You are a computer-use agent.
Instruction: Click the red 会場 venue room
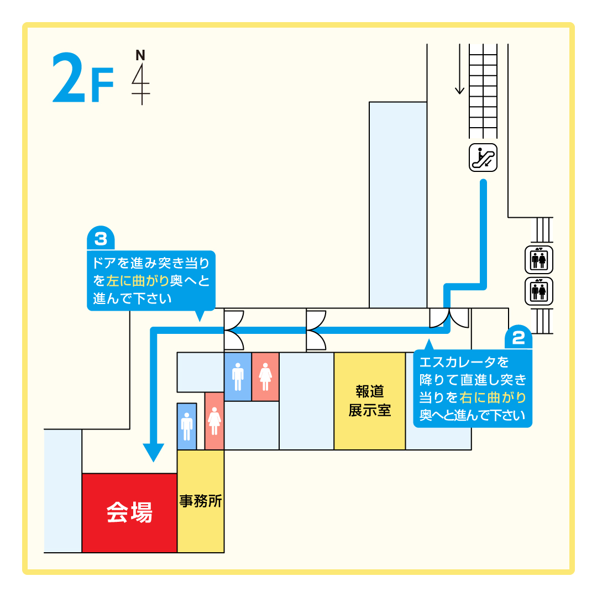pos(129,513)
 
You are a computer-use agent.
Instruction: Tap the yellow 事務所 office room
pos(201,501)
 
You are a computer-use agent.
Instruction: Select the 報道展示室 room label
pos(369,401)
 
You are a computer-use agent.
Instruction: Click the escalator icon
pos(483,158)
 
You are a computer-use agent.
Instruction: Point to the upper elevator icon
pos(539,260)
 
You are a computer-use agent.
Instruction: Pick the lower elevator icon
pos(539,291)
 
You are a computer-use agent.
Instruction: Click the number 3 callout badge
pos(101,239)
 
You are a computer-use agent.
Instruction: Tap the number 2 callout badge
pos(518,337)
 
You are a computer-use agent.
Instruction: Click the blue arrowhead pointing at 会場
pos(154,452)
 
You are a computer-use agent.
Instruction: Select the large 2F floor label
pos(83,78)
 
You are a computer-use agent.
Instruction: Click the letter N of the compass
pos(140,55)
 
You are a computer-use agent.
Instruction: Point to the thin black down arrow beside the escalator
pos(459,69)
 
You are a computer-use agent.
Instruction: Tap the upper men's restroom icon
pos(238,376)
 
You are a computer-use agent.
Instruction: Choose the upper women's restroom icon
pos(265,376)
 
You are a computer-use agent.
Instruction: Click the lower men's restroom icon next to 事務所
pos(187,426)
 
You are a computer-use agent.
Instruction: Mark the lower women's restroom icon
pos(214,421)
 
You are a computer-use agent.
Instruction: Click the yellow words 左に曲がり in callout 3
pos(138,281)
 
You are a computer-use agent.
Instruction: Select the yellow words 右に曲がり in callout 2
pos(493,397)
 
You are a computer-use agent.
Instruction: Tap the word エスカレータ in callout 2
pos(458,362)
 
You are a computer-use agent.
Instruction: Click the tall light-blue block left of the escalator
pos(398,205)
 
